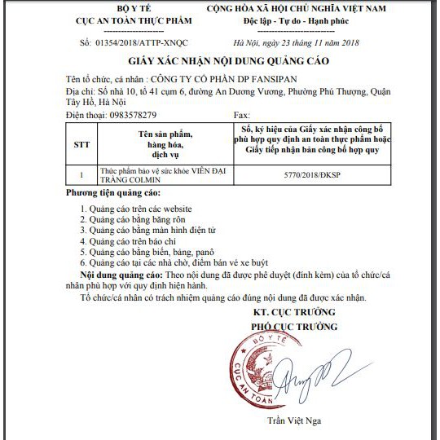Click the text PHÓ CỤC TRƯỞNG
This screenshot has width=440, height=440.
click(293, 327)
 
